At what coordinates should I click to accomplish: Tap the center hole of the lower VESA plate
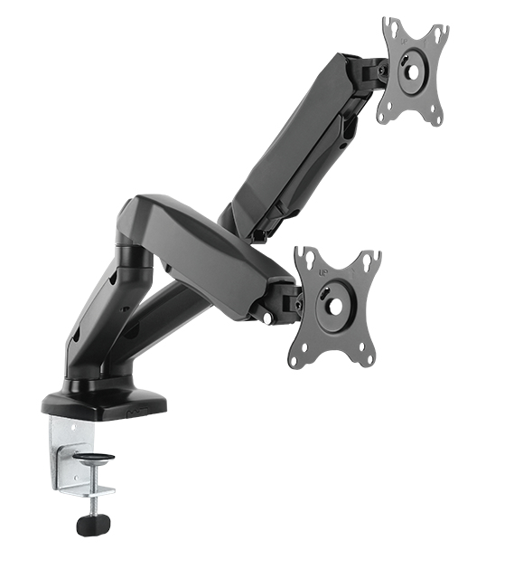pyautogui.click(x=335, y=306)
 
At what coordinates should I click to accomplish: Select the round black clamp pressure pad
pyautogui.click(x=94, y=459)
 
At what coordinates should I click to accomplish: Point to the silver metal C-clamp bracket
pyautogui.click(x=67, y=452)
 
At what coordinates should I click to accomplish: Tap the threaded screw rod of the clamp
pyautogui.click(x=94, y=488)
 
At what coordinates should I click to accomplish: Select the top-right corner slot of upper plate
pyautogui.click(x=440, y=33)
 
